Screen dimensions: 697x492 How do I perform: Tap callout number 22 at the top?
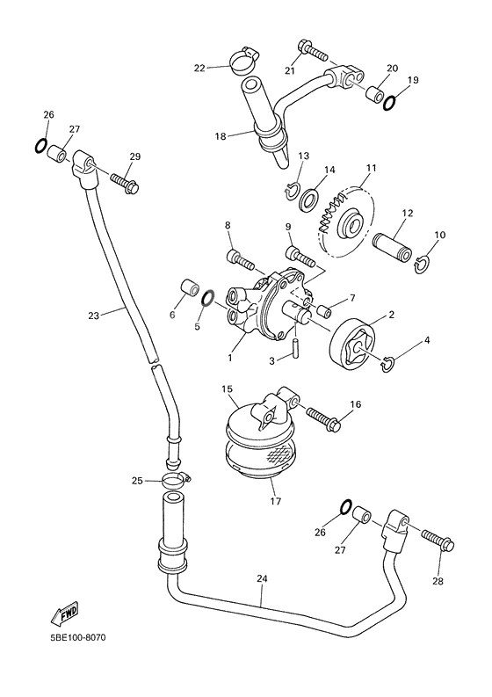pyautogui.click(x=199, y=67)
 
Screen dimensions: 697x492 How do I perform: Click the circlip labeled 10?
pyautogui.click(x=423, y=261)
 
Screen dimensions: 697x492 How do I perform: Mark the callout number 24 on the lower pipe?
pyautogui.click(x=261, y=579)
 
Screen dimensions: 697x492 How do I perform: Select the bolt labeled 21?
pyautogui.click(x=312, y=48)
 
